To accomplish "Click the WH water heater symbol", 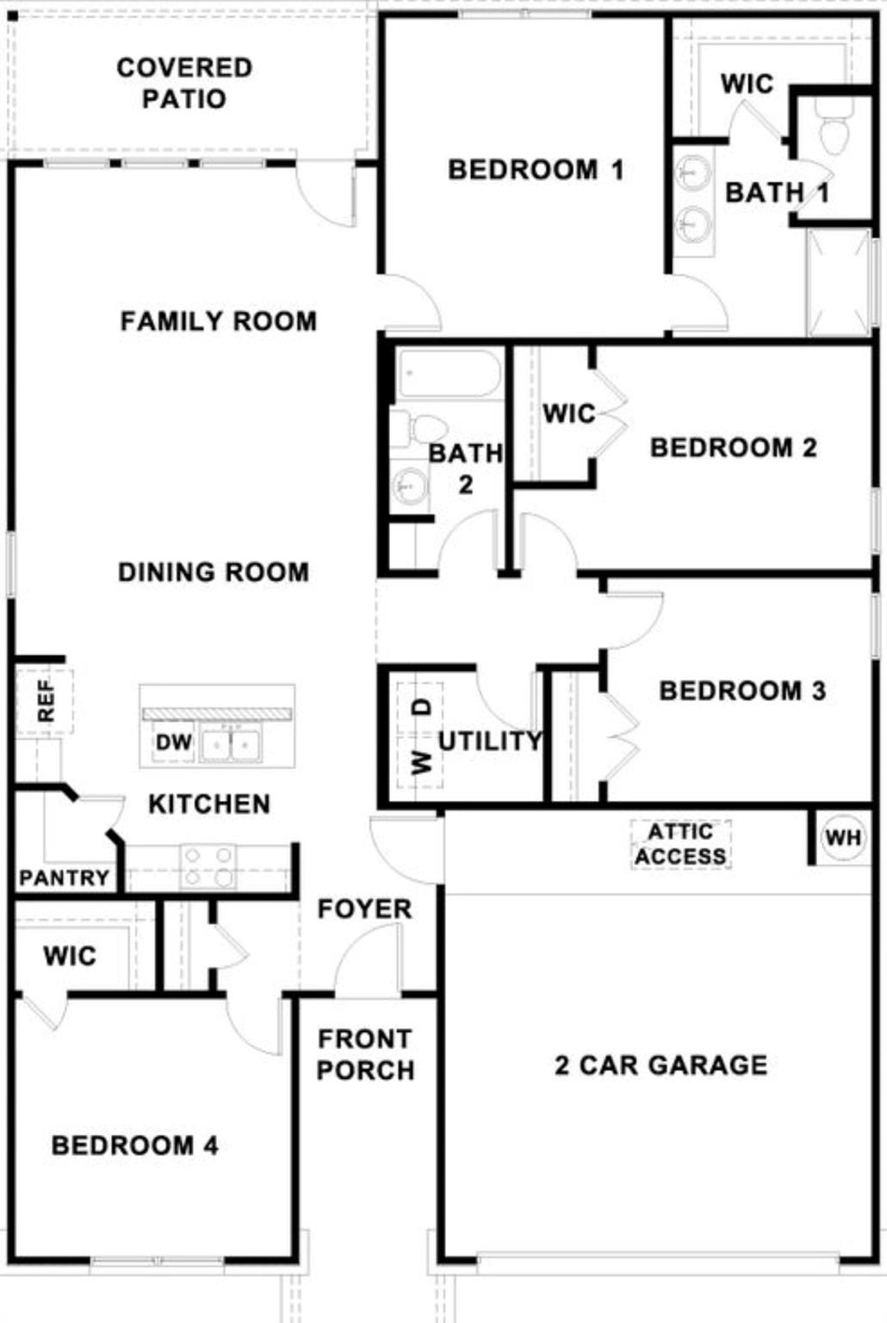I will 842,837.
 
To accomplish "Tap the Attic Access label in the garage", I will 680,844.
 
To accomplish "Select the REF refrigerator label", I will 45,701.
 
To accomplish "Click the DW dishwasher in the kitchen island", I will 174,742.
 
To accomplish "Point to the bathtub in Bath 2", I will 449,374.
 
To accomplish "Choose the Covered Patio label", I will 184,83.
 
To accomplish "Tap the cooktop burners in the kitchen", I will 208,866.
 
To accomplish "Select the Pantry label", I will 64,878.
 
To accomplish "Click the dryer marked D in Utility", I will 421,707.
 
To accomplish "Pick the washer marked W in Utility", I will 421,761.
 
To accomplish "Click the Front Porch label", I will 365,1054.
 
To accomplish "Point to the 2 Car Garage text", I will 661,1065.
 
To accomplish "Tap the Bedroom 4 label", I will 134,1145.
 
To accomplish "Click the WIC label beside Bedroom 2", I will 568,413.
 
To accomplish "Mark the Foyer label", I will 364,909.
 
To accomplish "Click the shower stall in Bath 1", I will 838,283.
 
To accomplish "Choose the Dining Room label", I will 213,572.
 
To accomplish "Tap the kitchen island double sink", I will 230,744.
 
